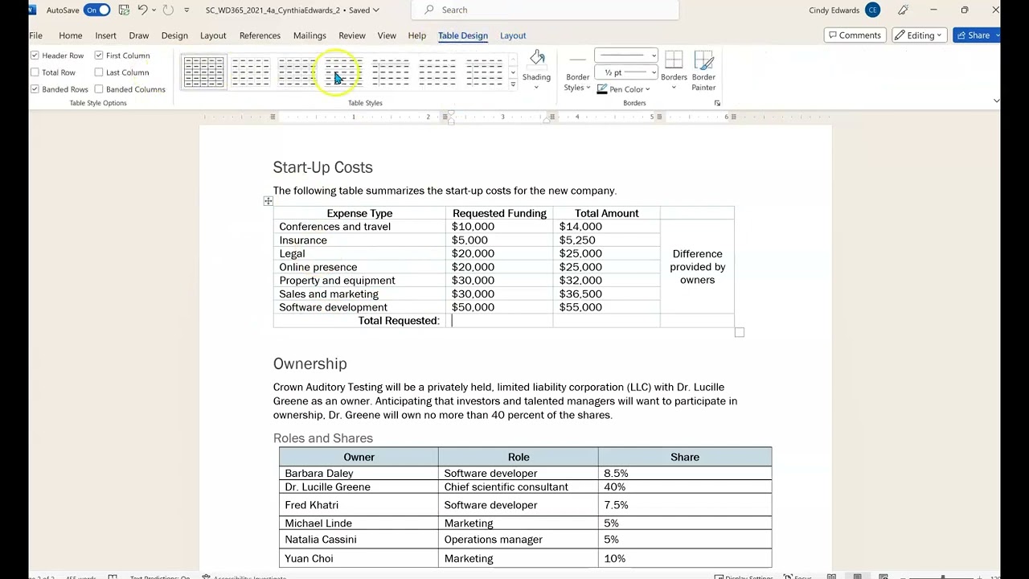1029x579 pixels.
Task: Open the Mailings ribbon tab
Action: [x=310, y=35]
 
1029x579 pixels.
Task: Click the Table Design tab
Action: [x=462, y=35]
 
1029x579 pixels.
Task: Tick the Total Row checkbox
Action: [x=35, y=72]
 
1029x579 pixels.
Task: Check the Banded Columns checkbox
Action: [x=99, y=89]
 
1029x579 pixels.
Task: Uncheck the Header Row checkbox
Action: [x=35, y=55]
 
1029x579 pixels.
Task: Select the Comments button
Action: [x=854, y=35]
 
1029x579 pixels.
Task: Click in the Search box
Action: [x=547, y=10]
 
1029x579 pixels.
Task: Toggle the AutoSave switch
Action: [x=96, y=10]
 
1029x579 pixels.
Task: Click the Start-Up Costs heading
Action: [x=322, y=167]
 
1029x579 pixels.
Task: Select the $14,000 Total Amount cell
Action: [x=580, y=227]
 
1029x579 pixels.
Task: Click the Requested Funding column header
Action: [x=499, y=213]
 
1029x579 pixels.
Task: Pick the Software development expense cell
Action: [x=333, y=307]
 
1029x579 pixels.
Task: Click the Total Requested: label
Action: [x=399, y=321]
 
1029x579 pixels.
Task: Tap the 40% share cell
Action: [x=614, y=487]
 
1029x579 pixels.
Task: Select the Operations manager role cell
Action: [x=493, y=540]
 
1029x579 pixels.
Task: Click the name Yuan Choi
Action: [x=309, y=559]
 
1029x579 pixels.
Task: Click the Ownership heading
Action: [x=310, y=363]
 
